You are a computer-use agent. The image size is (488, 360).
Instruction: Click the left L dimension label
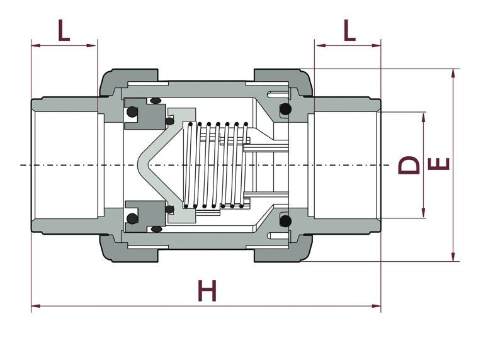click(64, 30)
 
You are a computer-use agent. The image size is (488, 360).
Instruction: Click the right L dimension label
click(349, 30)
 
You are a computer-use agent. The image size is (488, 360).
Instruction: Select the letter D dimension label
click(409, 165)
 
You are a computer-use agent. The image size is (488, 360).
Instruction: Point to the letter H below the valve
click(207, 291)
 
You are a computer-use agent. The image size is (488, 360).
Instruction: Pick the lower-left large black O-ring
click(132, 218)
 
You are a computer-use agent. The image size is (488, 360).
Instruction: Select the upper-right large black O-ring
click(285, 110)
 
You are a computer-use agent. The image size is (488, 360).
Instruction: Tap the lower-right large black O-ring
click(285, 221)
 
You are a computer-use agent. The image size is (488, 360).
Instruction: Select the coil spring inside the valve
click(214, 165)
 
